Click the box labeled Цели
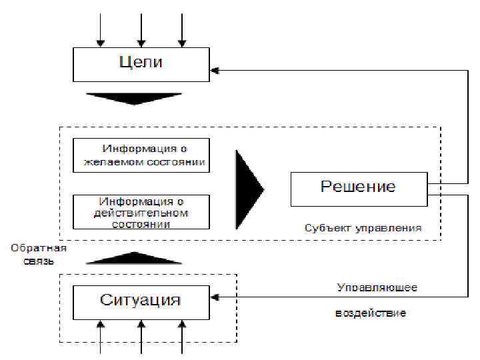pos(141,64)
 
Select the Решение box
pos(358,187)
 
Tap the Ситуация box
pos(141,299)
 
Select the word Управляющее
pos(377,288)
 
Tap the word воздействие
pos(370,313)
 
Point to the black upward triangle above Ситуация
pos(134,259)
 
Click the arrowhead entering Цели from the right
pos(215,69)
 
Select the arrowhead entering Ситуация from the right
pos(215,298)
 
